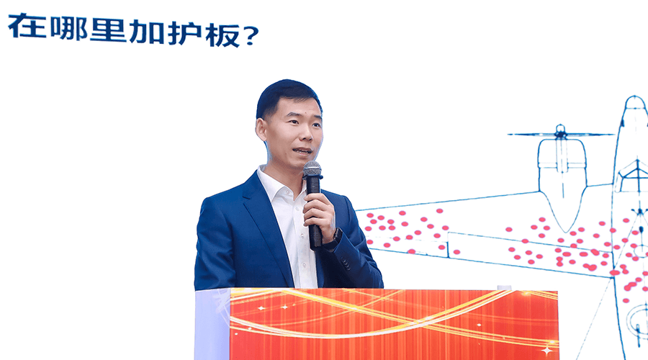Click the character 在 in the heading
[x=27, y=27]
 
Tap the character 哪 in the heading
[x=69, y=28]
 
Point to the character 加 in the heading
[x=148, y=31]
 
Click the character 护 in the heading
[x=185, y=33]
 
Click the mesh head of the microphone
[x=312, y=169]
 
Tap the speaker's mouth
[x=302, y=151]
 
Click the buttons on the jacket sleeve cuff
[x=346, y=264]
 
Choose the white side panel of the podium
[x=212, y=325]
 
